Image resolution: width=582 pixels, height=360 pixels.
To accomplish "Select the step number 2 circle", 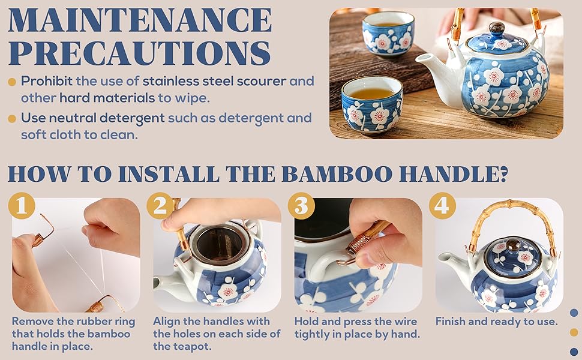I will point(160,206).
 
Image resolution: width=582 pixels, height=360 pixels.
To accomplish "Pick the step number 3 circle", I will point(301,206).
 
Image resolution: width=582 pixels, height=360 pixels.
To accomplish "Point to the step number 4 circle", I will point(442,206).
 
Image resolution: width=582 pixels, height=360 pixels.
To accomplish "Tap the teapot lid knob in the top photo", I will point(497,28).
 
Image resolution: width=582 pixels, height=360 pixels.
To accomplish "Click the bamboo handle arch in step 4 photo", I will point(509,210).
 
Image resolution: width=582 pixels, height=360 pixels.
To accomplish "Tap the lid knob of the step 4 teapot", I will point(514,245).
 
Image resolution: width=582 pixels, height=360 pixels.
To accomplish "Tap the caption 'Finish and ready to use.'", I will point(496,321).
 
